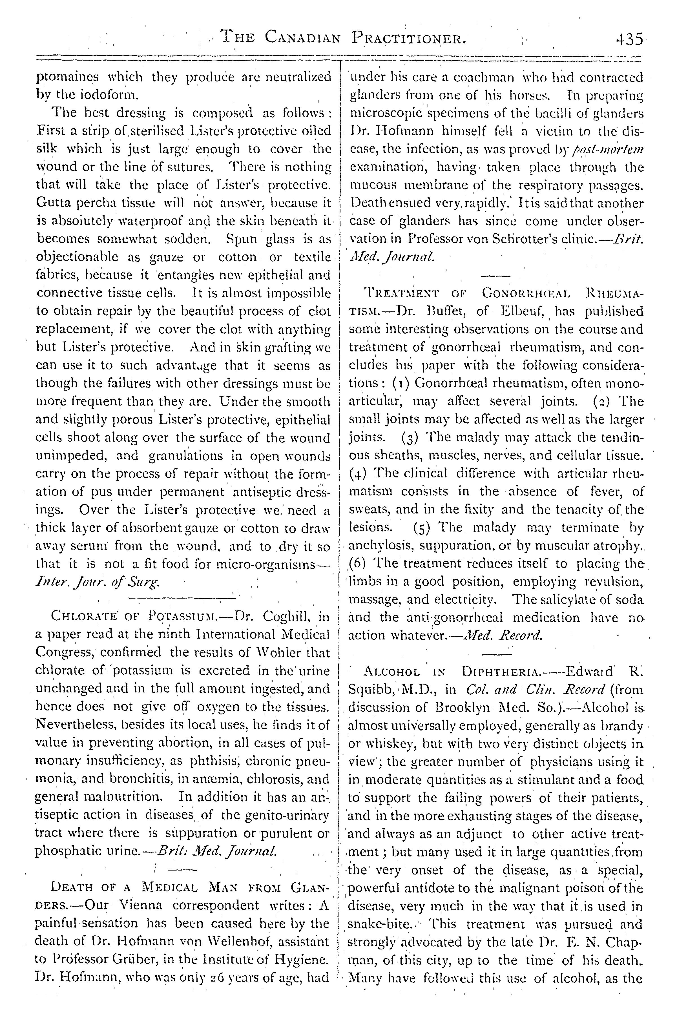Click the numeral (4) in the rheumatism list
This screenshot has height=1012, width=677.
(x=358, y=474)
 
